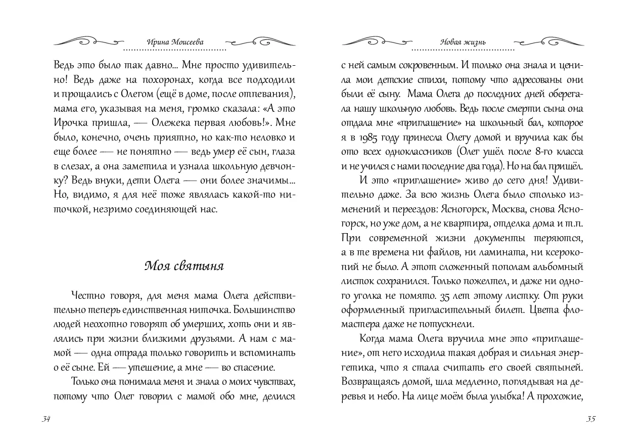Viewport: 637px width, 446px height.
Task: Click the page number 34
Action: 45,419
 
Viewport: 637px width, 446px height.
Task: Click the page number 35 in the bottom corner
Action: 590,419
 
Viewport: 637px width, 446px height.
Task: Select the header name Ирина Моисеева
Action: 174,42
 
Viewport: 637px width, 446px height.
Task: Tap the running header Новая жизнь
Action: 463,42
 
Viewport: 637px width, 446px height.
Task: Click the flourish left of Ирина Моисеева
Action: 88,41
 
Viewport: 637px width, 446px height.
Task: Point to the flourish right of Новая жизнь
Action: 548,41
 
